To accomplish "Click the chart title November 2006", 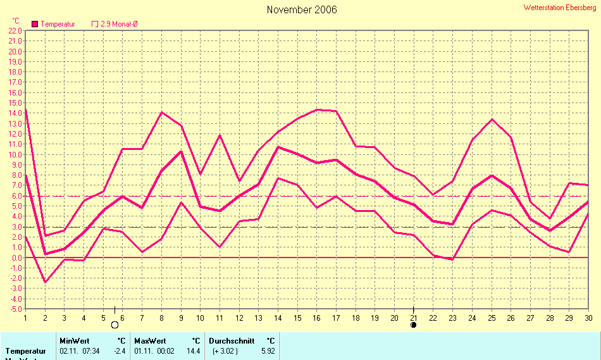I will pyautogui.click(x=302, y=9).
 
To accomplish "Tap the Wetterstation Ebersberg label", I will pyautogui.click(x=560, y=8).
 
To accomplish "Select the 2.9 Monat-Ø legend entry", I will pyautogui.click(x=119, y=24).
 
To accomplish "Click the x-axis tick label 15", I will pyautogui.click(x=297, y=318).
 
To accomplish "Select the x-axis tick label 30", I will pyautogui.click(x=588, y=318).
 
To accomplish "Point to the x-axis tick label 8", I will pyautogui.click(x=161, y=318).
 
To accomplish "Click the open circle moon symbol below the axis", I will pyautogui.click(x=115, y=325).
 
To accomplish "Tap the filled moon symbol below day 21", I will pyautogui.click(x=413, y=325).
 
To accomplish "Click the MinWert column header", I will pyautogui.click(x=74, y=340).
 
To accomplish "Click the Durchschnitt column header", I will pyautogui.click(x=232, y=340).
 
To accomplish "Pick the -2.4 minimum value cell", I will pyautogui.click(x=120, y=351).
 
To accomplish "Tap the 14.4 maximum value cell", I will pyautogui.click(x=194, y=351).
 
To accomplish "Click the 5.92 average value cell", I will pyautogui.click(x=268, y=351).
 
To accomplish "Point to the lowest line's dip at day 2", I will pyautogui.click(x=45, y=282).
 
